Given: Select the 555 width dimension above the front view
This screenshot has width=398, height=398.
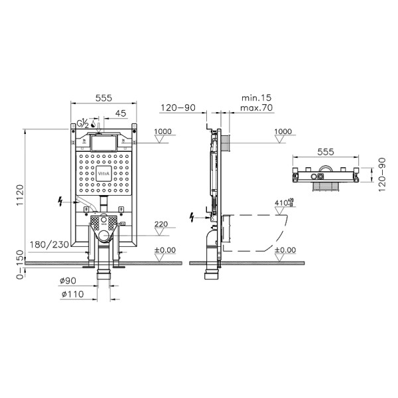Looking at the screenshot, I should [x=102, y=97].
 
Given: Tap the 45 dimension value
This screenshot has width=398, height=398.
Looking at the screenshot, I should [x=120, y=112].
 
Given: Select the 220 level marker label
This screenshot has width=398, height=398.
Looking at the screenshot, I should [x=161, y=224].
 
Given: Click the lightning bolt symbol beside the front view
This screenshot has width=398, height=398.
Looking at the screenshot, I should [x=62, y=200].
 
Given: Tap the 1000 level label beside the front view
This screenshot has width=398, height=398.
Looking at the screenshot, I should [x=163, y=131].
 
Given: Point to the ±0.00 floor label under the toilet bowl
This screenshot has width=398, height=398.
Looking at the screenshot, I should [x=285, y=251].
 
